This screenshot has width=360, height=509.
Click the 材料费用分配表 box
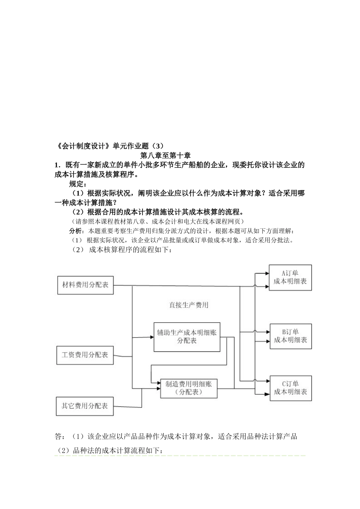tap(85, 285)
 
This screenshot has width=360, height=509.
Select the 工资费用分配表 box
tap(85, 355)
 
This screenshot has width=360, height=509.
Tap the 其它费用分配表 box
tap(85, 406)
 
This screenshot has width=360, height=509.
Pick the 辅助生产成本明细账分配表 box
tap(187, 337)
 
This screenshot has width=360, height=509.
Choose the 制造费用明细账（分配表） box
tap(189, 388)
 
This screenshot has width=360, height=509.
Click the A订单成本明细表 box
tap(290, 278)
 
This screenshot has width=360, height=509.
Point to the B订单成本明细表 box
tap(291, 336)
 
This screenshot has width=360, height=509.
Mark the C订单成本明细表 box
tap(291, 388)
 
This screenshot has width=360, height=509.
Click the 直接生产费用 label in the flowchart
tap(188, 305)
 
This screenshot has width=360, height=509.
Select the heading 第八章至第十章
tap(165, 156)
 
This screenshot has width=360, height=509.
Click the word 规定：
tap(78, 184)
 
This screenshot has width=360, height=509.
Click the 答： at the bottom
tap(60, 437)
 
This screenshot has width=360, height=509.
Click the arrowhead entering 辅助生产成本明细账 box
tap(151, 337)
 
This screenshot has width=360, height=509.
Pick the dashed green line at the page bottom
tap(180, 456)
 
